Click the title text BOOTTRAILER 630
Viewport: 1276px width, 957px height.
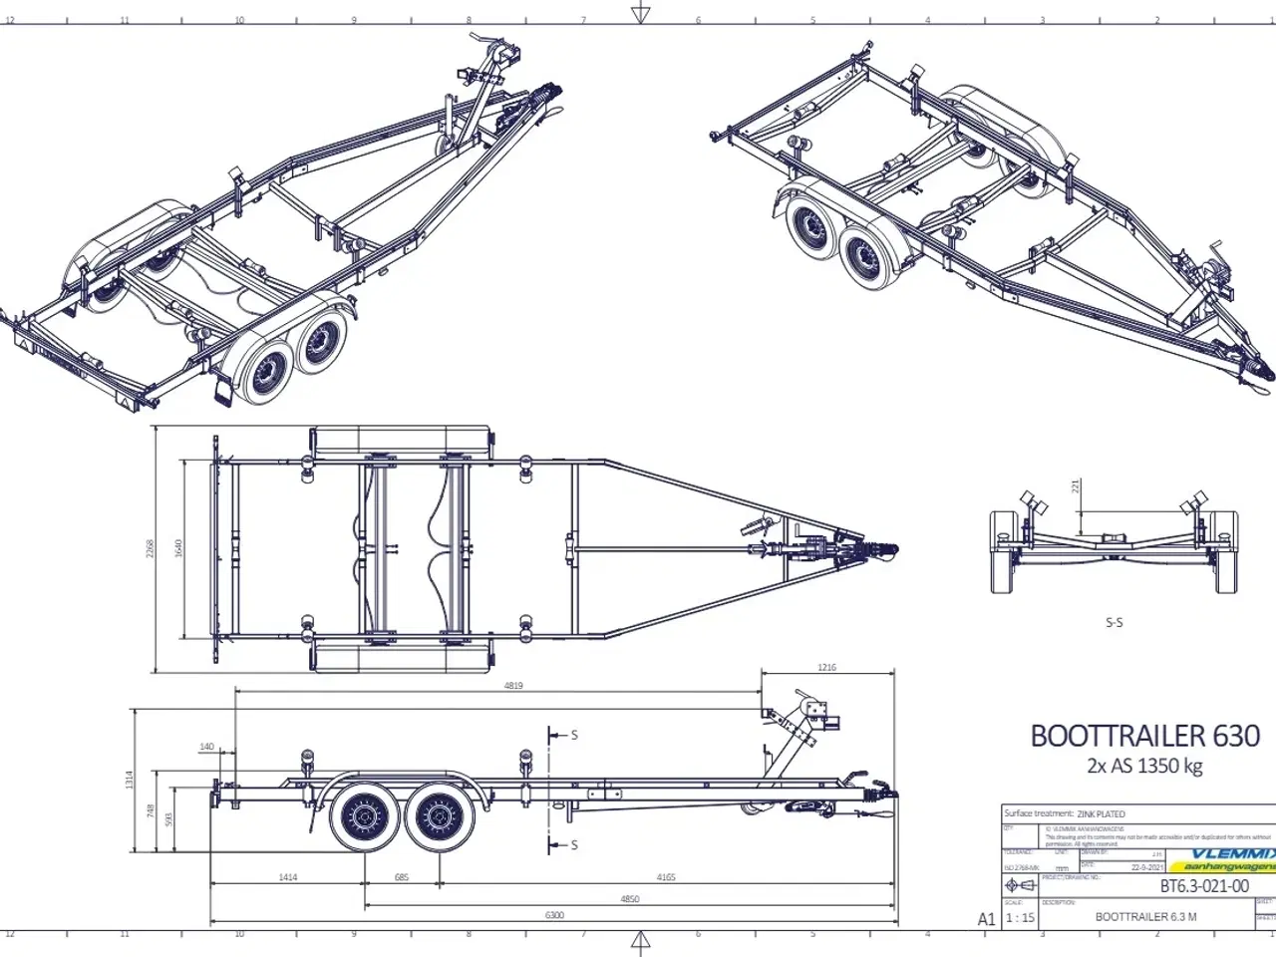(x=1144, y=736)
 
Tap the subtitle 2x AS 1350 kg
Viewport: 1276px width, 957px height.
(x=1144, y=766)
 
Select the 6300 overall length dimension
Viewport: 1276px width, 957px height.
(x=554, y=915)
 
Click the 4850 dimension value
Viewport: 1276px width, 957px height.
(x=629, y=898)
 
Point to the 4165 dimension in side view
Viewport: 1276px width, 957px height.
(x=665, y=877)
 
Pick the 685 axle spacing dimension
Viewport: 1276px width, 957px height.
(x=402, y=877)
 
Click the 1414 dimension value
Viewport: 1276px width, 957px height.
(x=287, y=877)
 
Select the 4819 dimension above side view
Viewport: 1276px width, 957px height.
(x=513, y=686)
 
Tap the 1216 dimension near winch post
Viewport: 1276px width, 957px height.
(x=826, y=668)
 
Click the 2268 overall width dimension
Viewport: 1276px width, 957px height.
(x=150, y=548)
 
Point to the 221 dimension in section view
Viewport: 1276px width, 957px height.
(x=1076, y=486)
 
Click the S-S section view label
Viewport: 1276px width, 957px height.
(x=1114, y=622)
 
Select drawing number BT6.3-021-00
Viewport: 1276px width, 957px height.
(x=1204, y=886)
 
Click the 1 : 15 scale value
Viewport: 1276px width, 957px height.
(x=1020, y=918)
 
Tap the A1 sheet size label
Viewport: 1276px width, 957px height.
(x=986, y=919)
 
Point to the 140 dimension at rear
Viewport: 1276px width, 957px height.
(x=207, y=747)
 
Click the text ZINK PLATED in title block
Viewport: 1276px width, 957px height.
(x=1101, y=813)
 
